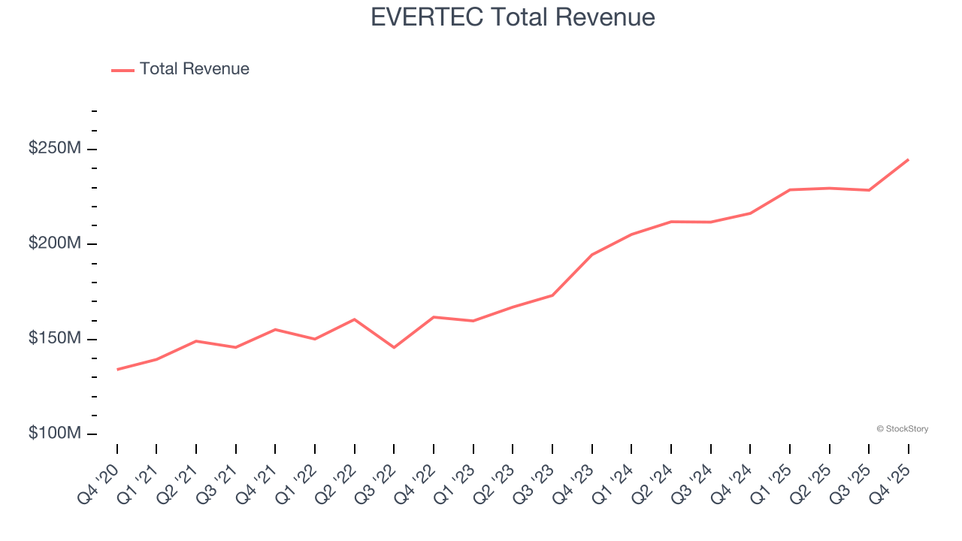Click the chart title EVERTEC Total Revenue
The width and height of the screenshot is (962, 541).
pos(513,17)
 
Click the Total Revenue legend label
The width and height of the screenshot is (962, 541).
pos(194,69)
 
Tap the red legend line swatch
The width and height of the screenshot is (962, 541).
pos(123,70)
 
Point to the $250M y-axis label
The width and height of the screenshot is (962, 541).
pos(54,149)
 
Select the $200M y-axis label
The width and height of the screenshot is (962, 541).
pos(54,243)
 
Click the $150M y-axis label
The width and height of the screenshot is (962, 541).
pos(54,339)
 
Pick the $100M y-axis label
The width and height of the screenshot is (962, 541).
pos(54,434)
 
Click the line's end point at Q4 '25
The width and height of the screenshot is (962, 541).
pos(908,159)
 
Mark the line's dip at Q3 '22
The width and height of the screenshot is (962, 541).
pos(394,347)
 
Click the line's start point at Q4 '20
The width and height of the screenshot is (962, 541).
pos(117,369)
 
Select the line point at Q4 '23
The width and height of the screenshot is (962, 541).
pos(591,255)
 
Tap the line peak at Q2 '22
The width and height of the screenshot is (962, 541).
pos(354,319)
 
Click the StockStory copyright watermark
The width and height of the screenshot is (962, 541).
pos(902,429)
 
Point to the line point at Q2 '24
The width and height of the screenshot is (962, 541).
pos(670,222)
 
